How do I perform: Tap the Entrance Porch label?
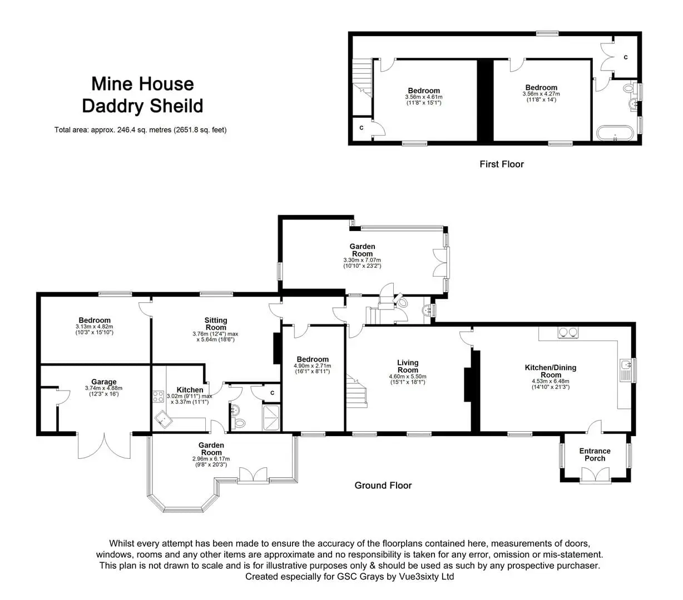[595, 454]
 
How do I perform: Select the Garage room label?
[104, 382]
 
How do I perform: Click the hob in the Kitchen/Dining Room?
[568, 332]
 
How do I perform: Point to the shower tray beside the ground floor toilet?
[271, 418]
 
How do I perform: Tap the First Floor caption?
[502, 164]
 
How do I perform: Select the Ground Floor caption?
[383, 485]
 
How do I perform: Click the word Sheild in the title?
[176, 106]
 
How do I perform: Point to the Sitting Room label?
[216, 324]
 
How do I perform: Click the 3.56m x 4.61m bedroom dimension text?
[424, 97]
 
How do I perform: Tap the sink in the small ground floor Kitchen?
[164, 419]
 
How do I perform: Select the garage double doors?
[104, 446]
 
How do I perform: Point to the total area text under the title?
[141, 129]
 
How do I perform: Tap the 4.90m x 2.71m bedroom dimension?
[312, 366]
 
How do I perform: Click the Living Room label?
[408, 366]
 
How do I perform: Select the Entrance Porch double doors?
[595, 475]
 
